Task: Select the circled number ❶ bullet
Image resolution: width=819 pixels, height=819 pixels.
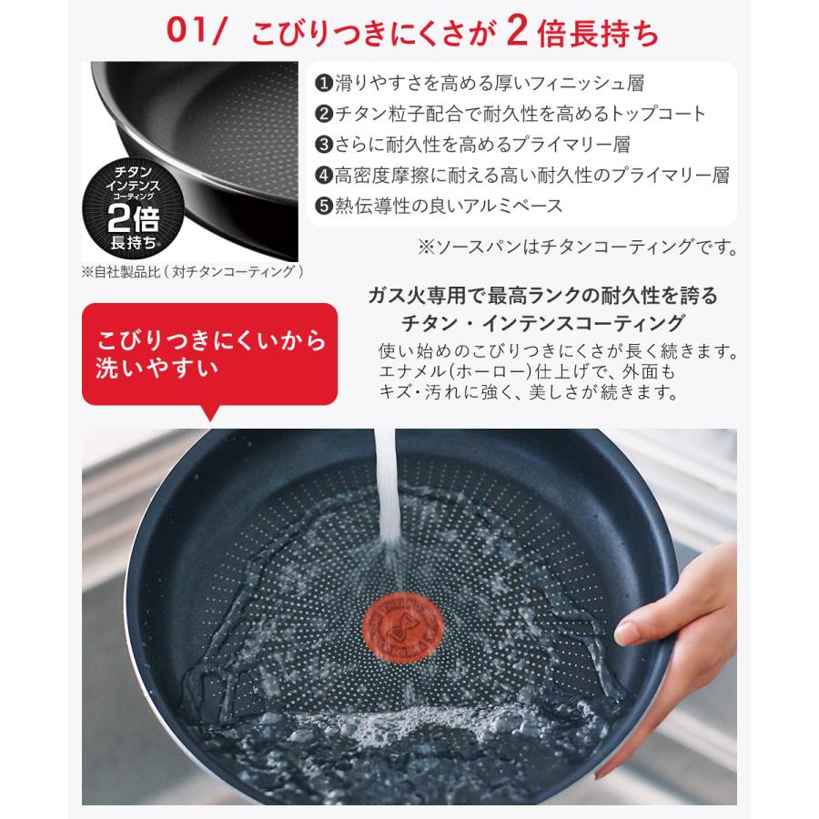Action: pos(322,84)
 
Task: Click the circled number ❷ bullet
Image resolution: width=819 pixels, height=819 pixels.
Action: pos(322,115)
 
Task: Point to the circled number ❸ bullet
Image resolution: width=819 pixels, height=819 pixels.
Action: pos(322,145)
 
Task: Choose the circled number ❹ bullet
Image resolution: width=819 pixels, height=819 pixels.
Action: pos(322,176)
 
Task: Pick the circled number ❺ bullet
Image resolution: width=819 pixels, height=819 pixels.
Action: pos(322,206)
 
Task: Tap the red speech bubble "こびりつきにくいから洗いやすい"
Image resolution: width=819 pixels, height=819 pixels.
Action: pos(209,355)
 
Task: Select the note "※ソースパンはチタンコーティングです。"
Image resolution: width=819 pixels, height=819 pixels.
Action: pos(577,247)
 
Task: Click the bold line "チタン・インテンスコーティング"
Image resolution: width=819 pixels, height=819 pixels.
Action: pos(543,322)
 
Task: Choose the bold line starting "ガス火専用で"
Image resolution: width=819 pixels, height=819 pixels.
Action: pos(543,296)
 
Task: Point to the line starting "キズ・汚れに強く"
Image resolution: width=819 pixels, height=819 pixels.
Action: pos(530,394)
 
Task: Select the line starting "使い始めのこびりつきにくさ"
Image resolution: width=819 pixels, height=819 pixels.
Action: pos(558,350)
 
